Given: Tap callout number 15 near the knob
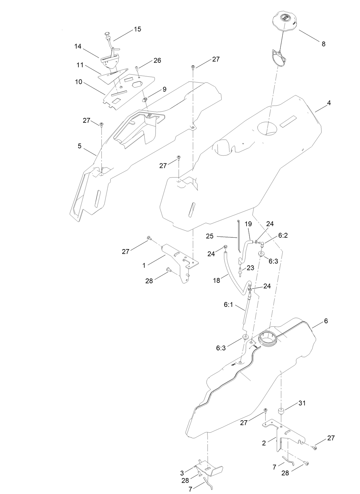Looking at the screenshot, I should point(137,29).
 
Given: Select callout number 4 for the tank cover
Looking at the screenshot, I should point(329,103).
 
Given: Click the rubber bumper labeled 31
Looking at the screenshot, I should point(281,411).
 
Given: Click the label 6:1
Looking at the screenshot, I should point(229,304).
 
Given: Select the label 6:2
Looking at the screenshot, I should point(283,236).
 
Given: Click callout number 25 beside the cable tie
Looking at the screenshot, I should point(210,236).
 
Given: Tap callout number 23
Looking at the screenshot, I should point(251,268).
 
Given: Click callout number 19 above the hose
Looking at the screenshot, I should point(248,224).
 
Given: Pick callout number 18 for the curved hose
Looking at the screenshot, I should point(216,280).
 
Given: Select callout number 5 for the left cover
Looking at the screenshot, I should point(79,146).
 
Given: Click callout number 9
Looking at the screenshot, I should point(164,89).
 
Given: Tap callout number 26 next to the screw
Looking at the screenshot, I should point(157,60).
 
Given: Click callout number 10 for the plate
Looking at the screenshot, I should point(78,82).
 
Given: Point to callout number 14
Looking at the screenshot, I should point(78,46).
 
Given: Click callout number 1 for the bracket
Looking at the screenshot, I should point(144,265).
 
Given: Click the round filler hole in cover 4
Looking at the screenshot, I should point(267,128).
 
